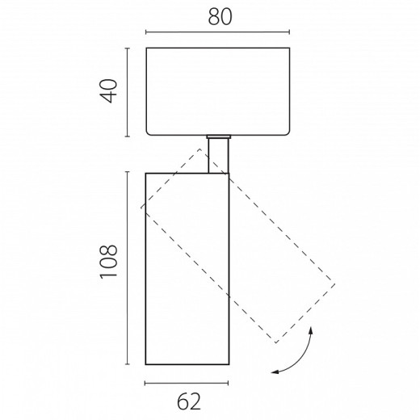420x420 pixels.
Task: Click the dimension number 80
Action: click(220, 18)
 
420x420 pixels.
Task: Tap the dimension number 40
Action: click(109, 90)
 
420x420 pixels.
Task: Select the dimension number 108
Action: click(109, 262)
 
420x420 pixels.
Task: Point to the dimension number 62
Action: click(189, 401)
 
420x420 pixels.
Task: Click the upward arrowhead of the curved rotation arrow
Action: click(311, 330)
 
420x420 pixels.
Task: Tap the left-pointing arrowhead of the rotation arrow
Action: click(275, 372)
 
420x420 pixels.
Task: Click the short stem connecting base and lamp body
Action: click(218, 156)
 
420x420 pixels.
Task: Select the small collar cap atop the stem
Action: click(219, 136)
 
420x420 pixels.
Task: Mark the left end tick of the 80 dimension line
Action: click(146, 32)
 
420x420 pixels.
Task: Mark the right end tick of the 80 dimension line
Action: click(289, 32)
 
